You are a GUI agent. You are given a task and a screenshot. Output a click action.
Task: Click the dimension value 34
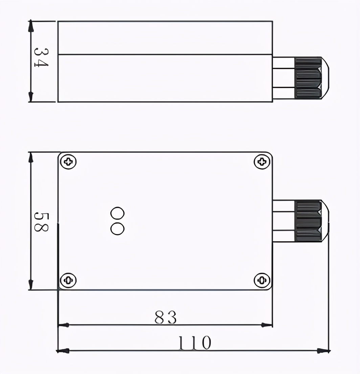coord(41,58)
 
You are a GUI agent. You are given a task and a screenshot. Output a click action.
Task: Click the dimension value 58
coord(41,222)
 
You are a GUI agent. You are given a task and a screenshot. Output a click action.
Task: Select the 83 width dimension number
coord(165,317)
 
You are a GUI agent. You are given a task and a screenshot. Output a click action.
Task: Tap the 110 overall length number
coord(195,343)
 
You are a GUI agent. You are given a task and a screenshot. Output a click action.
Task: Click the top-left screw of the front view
coord(69,162)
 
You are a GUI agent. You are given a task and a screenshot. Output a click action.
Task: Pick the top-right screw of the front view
coord(262,162)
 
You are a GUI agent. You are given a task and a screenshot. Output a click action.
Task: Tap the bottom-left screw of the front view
coord(69,280)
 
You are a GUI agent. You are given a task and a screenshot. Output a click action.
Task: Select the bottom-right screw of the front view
coord(262,280)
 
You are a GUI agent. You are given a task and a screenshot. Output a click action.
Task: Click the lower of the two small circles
coord(117,229)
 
